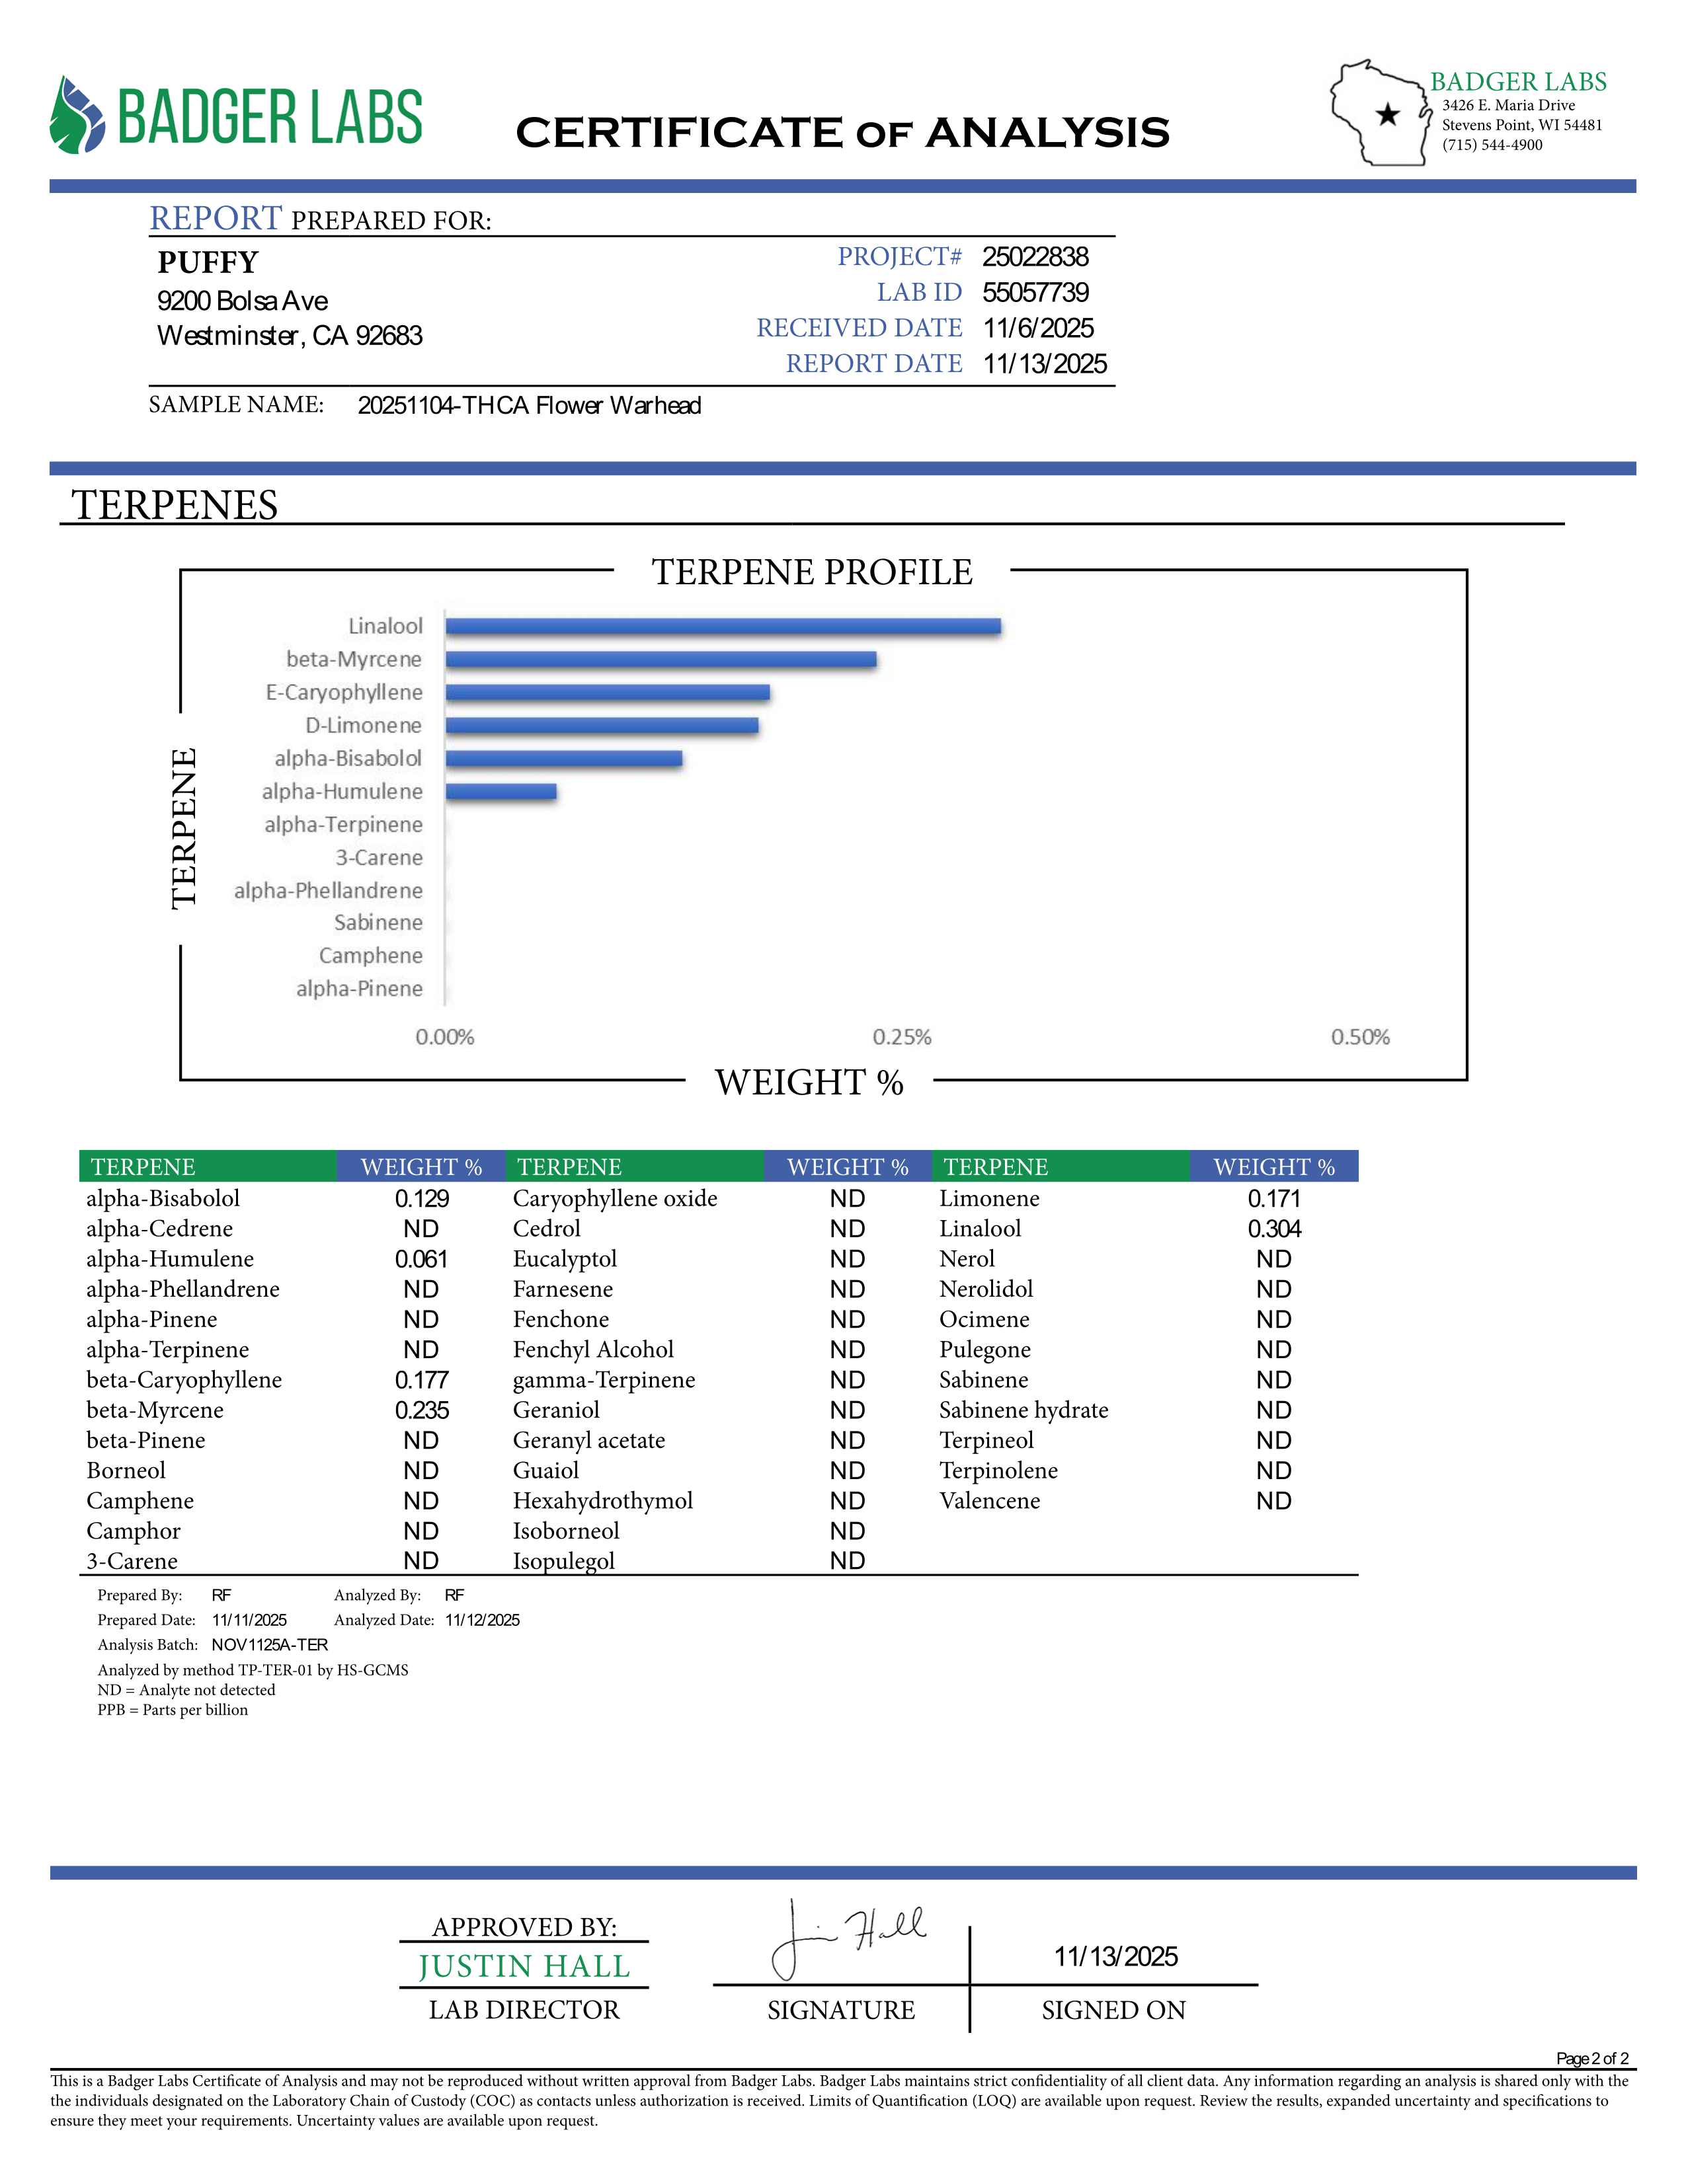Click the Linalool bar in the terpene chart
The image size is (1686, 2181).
click(x=723, y=626)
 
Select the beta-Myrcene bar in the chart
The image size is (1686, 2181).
click(x=661, y=659)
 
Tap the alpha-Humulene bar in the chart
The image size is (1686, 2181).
click(x=501, y=792)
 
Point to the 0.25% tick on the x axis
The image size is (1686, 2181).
click(x=902, y=1038)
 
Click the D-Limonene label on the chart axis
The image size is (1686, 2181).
click(x=364, y=725)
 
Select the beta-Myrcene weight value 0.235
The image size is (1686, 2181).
click(x=422, y=1410)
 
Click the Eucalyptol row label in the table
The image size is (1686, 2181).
click(x=565, y=1259)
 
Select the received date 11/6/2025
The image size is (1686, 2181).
click(x=1038, y=328)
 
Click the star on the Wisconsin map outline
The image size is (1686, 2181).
click(x=1387, y=115)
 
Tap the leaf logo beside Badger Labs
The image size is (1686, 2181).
click(x=77, y=116)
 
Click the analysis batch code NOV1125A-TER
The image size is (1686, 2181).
click(x=270, y=1645)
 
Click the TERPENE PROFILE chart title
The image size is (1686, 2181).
click(x=812, y=572)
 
